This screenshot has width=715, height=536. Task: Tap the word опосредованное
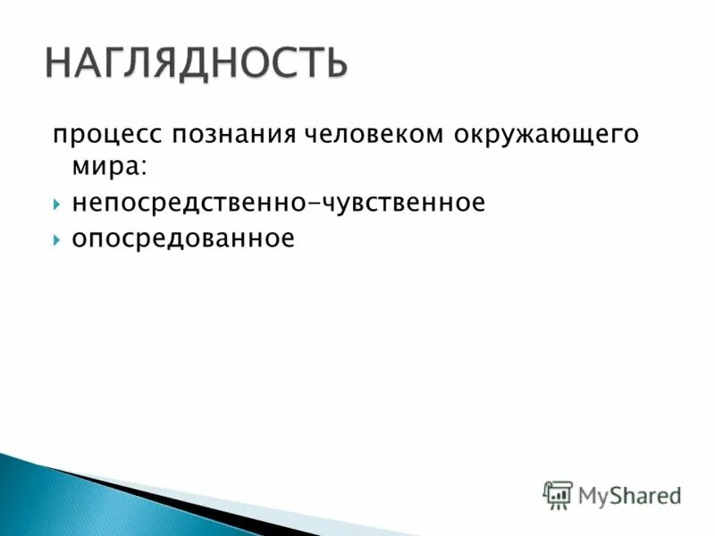183,239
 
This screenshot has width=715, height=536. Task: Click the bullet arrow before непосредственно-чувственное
56,205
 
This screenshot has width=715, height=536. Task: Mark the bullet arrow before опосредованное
56,240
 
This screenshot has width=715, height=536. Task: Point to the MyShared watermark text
629,494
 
